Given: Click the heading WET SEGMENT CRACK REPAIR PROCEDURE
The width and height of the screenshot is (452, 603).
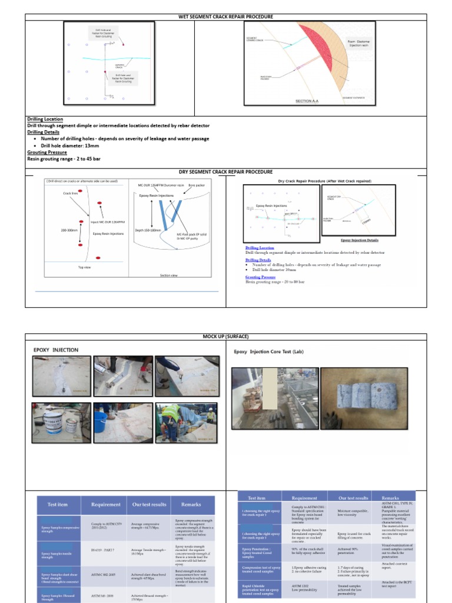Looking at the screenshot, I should (x=226, y=17).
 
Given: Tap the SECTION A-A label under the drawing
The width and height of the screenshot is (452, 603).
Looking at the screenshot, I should (x=307, y=101).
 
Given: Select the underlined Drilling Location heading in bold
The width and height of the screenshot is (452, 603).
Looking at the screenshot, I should (x=45, y=119).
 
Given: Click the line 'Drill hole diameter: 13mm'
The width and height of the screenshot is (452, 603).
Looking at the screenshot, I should (x=70, y=145).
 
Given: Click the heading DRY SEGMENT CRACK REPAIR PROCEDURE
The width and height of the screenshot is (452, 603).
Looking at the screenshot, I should (x=226, y=172).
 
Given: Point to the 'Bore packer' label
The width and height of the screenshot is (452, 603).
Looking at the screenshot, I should (x=195, y=185).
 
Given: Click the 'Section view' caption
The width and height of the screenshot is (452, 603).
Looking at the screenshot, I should (x=169, y=275).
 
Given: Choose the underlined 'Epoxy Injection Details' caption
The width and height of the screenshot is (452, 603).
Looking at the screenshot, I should (x=360, y=240).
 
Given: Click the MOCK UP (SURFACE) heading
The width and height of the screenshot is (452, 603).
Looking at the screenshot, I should (x=226, y=336).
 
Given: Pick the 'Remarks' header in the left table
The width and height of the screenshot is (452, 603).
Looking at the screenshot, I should (x=191, y=505).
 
